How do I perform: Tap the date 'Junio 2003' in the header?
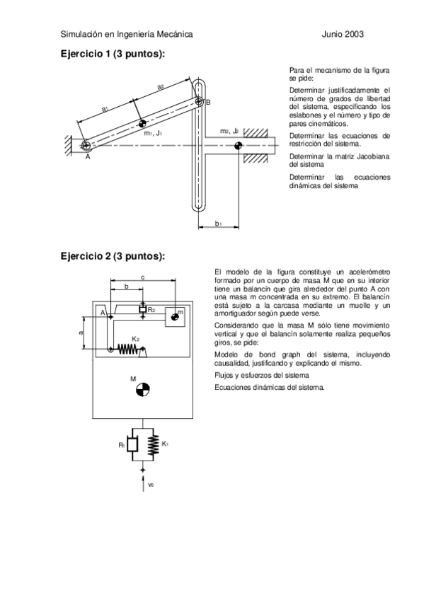pyautogui.click(x=343, y=33)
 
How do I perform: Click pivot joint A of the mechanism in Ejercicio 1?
pyautogui.click(x=86, y=146)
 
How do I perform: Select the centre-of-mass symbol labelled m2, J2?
pyautogui.click(x=237, y=146)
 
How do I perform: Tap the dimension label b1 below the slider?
pyautogui.click(x=219, y=224)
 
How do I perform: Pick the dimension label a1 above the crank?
pyautogui.click(x=105, y=108)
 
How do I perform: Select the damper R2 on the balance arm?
pyautogui.click(x=143, y=309)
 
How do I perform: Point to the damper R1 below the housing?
pyautogui.click(x=132, y=445)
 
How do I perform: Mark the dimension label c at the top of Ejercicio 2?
pyautogui.click(x=143, y=277)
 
